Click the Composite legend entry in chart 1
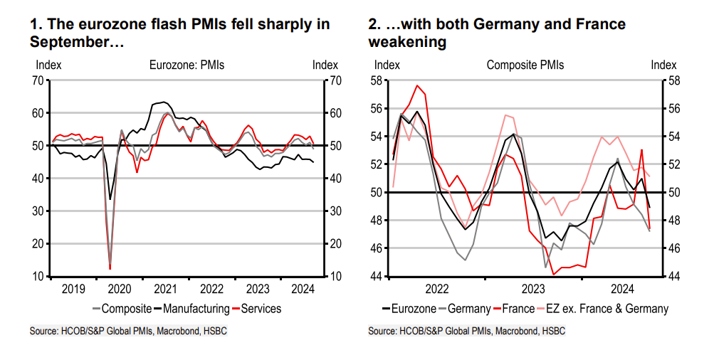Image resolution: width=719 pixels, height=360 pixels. tap(126, 308)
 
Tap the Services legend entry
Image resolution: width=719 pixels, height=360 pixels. tap(261, 308)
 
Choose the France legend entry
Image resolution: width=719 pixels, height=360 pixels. tap(518, 308)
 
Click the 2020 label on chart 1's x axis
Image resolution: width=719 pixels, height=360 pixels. tap(119, 289)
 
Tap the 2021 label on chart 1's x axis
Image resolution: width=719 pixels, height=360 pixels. tap(165, 289)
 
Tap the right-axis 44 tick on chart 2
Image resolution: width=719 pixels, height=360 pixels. tap(670, 276)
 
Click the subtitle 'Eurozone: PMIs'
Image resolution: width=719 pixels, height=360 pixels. tap(187, 65)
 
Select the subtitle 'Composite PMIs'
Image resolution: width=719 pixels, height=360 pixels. tap(525, 65)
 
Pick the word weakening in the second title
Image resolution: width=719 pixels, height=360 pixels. tap(407, 42)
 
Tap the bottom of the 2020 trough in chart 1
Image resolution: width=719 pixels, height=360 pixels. tap(110, 268)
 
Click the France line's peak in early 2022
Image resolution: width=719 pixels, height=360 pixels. tap(418, 86)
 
